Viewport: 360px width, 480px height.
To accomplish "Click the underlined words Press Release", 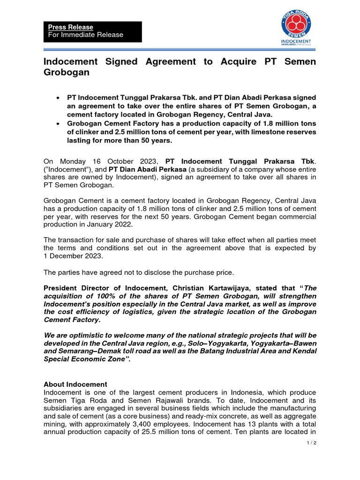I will click(x=71, y=27).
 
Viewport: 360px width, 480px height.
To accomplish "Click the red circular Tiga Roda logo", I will click(x=296, y=23).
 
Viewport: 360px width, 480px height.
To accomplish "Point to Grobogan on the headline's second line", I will click(x=66, y=73).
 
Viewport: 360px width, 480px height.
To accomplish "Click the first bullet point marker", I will click(x=57, y=97).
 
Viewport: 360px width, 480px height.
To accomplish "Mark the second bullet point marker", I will click(x=57, y=123).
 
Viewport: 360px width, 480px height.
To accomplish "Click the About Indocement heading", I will click(x=75, y=384).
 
